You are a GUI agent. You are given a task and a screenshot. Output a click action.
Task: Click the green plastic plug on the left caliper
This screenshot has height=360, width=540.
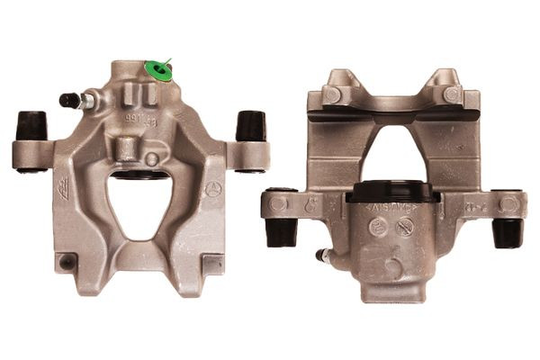pyautogui.click(x=158, y=70)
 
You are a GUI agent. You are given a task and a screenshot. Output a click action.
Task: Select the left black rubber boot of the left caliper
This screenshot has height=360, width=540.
pyautogui.click(x=31, y=125)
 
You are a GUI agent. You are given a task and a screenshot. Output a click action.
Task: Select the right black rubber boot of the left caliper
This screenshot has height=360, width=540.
pyautogui.click(x=250, y=125)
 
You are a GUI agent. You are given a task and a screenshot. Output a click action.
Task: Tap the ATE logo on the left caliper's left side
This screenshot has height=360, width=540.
pyautogui.click(x=64, y=186)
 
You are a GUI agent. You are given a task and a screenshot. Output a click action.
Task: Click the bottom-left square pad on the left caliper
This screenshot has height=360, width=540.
pyautogui.click(x=67, y=262)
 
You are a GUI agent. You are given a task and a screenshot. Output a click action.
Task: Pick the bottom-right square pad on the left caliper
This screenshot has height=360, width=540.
pyautogui.click(x=212, y=264)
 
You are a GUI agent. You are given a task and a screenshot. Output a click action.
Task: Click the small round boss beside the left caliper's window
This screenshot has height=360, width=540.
pyautogui.click(x=152, y=159)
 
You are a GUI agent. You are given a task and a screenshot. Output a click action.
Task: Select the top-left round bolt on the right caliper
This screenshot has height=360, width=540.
pyautogui.click(x=332, y=94)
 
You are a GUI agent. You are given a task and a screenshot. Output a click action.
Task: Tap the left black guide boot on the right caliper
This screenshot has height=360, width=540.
pyautogui.click(x=281, y=231)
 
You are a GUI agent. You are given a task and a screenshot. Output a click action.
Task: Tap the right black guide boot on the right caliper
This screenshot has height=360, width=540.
pyautogui.click(x=507, y=231)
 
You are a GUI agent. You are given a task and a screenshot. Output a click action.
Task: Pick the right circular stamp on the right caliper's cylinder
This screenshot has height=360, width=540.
pyautogui.click(x=405, y=228)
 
